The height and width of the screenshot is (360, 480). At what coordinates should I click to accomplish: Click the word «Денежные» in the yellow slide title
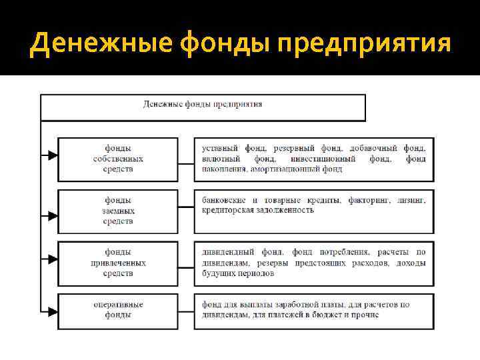tap(78, 43)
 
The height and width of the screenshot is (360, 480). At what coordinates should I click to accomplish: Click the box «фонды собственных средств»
tap(118, 159)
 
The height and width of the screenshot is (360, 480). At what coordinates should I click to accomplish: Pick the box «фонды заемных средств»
tap(118, 211)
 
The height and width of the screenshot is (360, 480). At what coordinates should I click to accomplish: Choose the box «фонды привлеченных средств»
tap(118, 263)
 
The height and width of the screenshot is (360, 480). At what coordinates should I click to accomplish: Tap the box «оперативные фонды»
tap(118, 310)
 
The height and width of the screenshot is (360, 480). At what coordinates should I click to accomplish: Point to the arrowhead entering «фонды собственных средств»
tap(52, 156)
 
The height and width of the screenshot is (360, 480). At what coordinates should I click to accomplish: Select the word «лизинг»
tap(411, 200)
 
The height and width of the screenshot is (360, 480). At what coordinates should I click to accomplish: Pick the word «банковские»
tap(224, 200)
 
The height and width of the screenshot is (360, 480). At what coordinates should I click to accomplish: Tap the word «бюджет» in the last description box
tap(325, 315)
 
